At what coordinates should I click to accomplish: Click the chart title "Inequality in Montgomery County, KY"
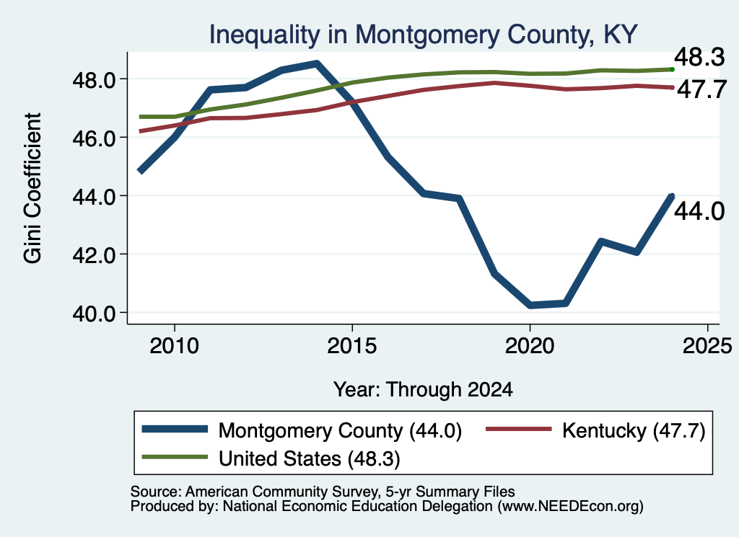[x=423, y=35]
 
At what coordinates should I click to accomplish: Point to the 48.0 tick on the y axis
[x=94, y=81]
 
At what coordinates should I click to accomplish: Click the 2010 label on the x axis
[x=175, y=347]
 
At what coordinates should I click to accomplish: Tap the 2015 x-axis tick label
[x=352, y=347]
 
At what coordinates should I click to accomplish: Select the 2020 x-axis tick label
[x=530, y=347]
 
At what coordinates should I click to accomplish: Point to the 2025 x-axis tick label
[x=707, y=347]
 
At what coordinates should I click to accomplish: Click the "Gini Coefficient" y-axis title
[x=33, y=188]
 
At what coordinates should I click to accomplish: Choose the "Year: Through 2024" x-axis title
[x=423, y=390]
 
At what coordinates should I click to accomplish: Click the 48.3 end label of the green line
[x=699, y=58]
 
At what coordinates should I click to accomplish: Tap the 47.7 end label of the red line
[x=701, y=89]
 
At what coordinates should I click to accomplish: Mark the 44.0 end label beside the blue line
[x=699, y=211]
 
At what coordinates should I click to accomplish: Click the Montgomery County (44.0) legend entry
[x=302, y=430]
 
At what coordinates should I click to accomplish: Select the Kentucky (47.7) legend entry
[x=595, y=430]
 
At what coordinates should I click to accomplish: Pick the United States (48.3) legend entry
[x=271, y=458]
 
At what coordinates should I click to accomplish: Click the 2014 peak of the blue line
[x=317, y=63]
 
